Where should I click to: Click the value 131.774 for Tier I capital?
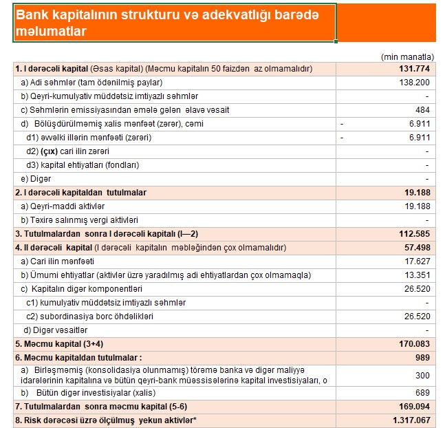(x=415, y=69)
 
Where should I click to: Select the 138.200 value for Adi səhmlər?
(x=415, y=83)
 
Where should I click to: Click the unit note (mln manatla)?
(x=407, y=56)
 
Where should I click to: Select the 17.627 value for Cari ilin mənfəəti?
(x=417, y=261)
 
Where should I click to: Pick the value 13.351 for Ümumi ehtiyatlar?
(x=417, y=275)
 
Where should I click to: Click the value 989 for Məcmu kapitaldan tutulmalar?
(x=422, y=358)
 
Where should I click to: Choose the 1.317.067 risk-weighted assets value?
(x=411, y=420)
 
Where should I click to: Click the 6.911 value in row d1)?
(x=420, y=138)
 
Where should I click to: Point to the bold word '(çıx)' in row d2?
(x=50, y=151)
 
